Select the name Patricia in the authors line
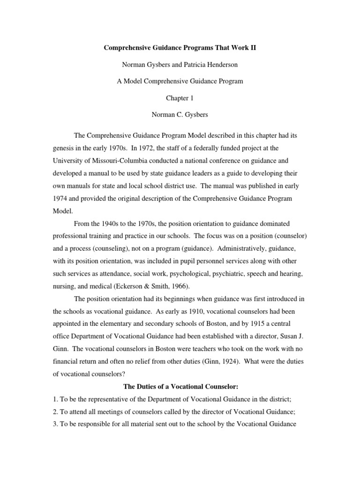click(189, 65)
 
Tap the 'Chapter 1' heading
click(180, 97)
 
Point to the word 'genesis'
click(64, 148)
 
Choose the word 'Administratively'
click(225, 249)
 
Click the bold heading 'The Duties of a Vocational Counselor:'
click(180, 387)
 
